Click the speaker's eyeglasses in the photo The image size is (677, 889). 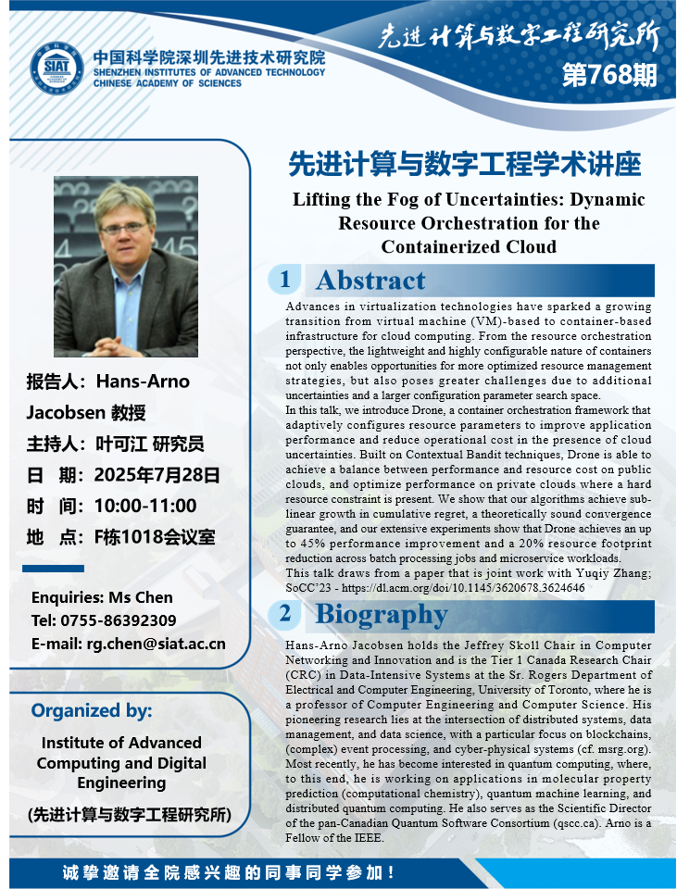coord(123,228)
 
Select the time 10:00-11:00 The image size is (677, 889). coord(145,506)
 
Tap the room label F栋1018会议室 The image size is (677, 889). coord(155,536)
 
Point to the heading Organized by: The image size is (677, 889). coord(92,711)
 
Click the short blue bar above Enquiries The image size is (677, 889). coord(53,568)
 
